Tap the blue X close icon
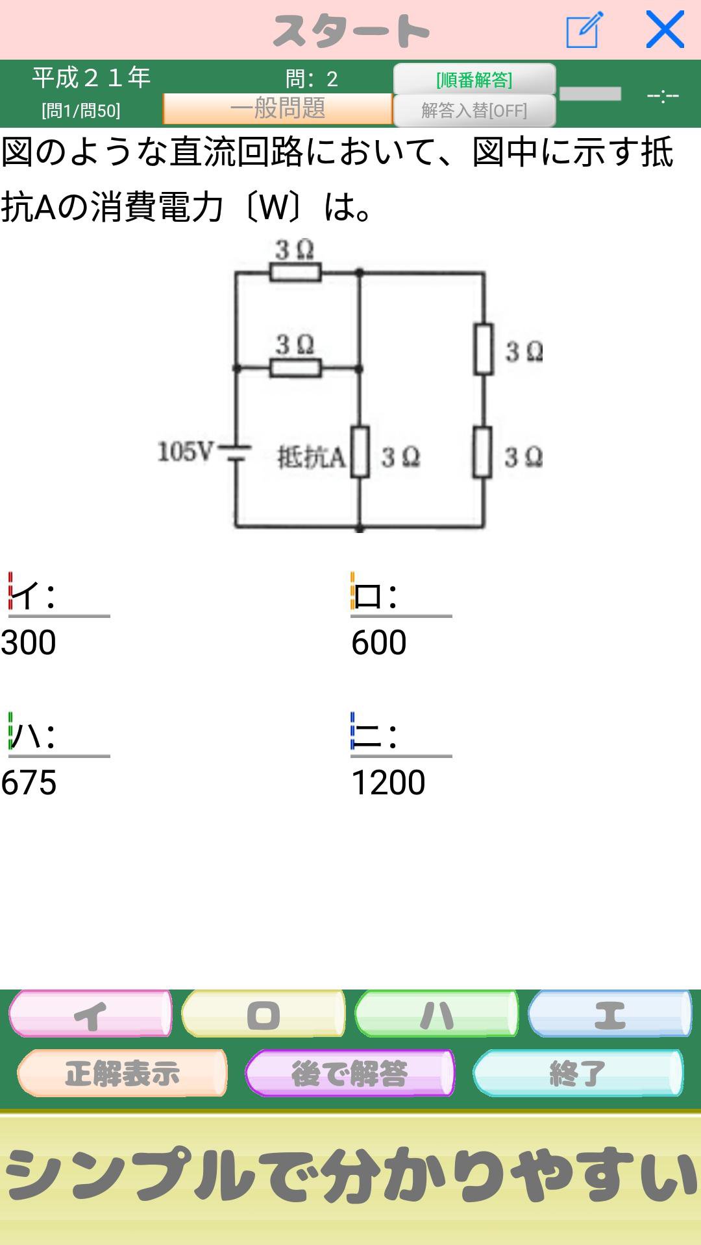[x=665, y=30]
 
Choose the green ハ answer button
[x=436, y=1014]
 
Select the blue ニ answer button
[x=609, y=1014]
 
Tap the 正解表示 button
[x=122, y=1073]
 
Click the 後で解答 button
[x=350, y=1073]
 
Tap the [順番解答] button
[x=474, y=79]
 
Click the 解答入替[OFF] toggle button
[x=474, y=110]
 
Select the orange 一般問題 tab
[x=277, y=108]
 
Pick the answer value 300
[x=29, y=643]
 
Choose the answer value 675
[x=29, y=782]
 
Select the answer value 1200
[x=388, y=782]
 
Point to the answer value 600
[x=379, y=643]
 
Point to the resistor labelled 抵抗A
[x=360, y=453]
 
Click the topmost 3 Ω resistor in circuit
[x=295, y=273]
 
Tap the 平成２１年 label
[x=92, y=78]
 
